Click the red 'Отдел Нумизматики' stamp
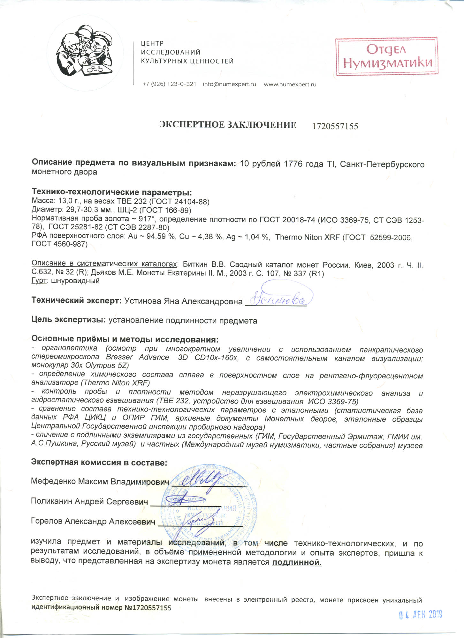point(386,56)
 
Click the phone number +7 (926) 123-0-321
point(169,84)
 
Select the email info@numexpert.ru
point(229,84)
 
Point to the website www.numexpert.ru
point(290,84)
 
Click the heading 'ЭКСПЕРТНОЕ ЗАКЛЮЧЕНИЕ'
point(228,125)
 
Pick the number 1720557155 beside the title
point(335,126)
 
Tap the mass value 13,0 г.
point(70,202)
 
